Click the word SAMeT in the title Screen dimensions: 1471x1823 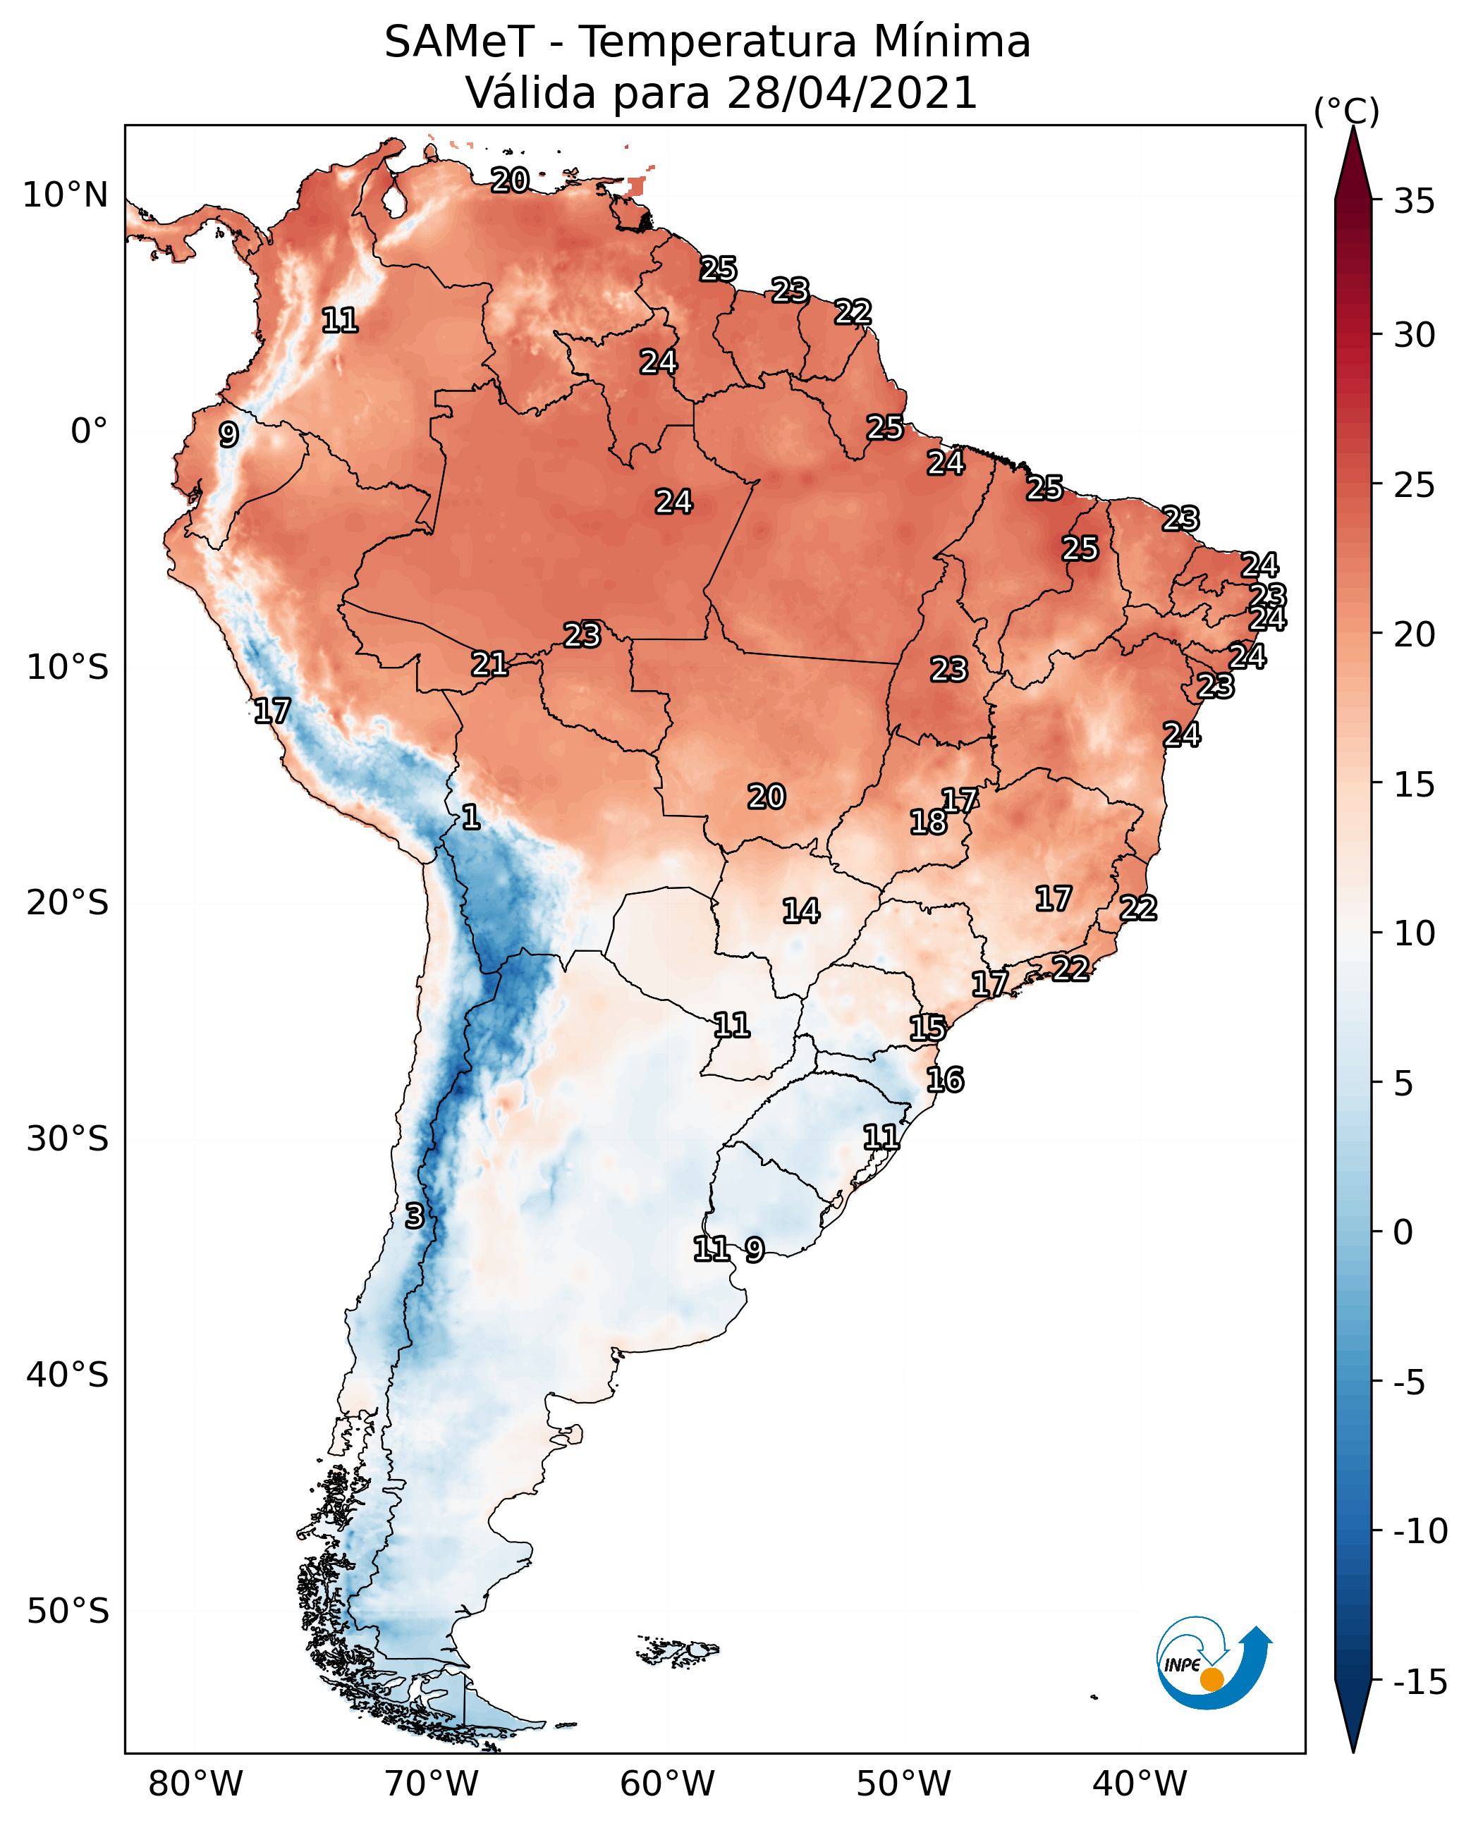pos(458,42)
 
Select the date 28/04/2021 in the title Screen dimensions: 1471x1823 pos(852,92)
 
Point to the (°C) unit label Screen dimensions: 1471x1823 pos(1346,112)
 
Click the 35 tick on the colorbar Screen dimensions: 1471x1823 pos(1414,202)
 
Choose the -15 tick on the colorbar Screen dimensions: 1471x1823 pos(1420,1681)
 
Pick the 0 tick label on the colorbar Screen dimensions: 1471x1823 pos(1403,1232)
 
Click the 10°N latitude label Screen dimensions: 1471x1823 pos(66,196)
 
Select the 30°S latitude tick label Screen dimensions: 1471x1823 pos(68,1139)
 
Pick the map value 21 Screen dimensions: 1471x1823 pos(490,664)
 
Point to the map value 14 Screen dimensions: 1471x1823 pos(801,912)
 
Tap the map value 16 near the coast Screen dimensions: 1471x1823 pos(945,1080)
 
